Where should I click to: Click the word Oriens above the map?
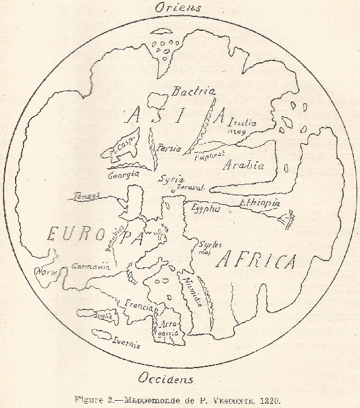(x=179, y=8)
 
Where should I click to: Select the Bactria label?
(x=193, y=92)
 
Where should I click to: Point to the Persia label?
(x=169, y=147)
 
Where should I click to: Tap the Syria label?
(x=169, y=180)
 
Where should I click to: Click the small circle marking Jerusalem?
(x=174, y=192)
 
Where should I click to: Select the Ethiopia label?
(x=260, y=203)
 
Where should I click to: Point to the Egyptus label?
(x=206, y=209)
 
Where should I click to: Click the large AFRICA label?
(x=256, y=261)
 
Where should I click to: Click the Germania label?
(x=90, y=266)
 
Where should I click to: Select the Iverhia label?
(x=127, y=343)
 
